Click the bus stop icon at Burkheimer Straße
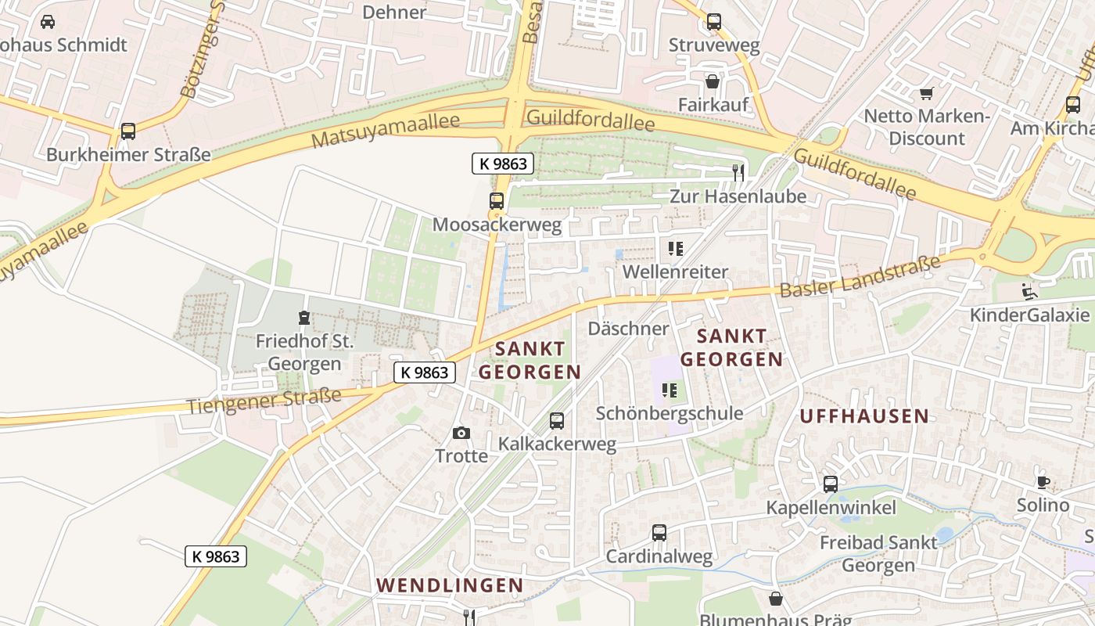click(x=128, y=131)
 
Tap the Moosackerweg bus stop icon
click(x=496, y=201)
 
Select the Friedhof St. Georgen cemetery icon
click(x=303, y=318)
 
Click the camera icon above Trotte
click(x=461, y=433)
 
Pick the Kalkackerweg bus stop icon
click(x=557, y=421)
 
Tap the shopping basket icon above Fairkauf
click(x=713, y=81)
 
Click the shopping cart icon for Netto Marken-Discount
click(x=927, y=93)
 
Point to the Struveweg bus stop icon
click(x=713, y=22)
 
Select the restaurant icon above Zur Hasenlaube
click(x=738, y=172)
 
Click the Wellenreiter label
click(x=675, y=272)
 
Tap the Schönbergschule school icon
click(x=670, y=390)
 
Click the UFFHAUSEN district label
click(x=864, y=416)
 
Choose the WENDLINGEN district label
click(x=450, y=585)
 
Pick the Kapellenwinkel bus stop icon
click(x=831, y=484)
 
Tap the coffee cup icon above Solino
click(x=1043, y=481)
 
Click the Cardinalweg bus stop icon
click(x=659, y=533)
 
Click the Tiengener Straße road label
click(x=264, y=401)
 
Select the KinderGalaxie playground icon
click(x=1029, y=292)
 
